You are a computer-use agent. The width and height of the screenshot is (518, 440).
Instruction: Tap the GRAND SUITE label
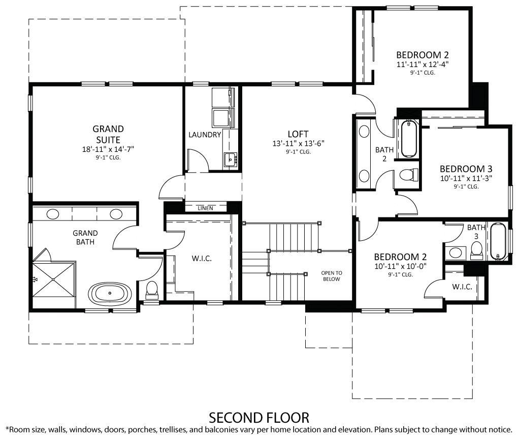pos(108,134)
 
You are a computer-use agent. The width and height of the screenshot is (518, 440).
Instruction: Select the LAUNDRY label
pos(205,135)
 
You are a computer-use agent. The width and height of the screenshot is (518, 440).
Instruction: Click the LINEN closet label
pos(205,208)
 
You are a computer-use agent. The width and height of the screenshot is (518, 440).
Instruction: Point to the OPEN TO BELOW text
pos(332,276)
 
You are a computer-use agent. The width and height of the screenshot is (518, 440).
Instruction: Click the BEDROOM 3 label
pos(466,169)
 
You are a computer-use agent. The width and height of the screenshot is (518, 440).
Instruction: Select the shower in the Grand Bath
pos(53,279)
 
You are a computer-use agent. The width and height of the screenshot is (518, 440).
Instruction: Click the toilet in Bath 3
pos(476,249)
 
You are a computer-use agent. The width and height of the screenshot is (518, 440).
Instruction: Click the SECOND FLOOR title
pos(259,418)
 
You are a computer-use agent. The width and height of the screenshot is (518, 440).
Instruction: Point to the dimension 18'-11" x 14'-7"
pos(108,149)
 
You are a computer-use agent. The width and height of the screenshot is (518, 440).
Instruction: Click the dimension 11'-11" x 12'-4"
pos(423,65)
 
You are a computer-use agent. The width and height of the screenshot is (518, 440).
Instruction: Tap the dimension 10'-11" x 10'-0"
pos(400,266)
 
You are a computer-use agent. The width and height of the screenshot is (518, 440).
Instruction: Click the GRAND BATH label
pos(85,237)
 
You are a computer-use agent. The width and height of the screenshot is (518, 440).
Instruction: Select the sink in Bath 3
pos(456,252)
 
